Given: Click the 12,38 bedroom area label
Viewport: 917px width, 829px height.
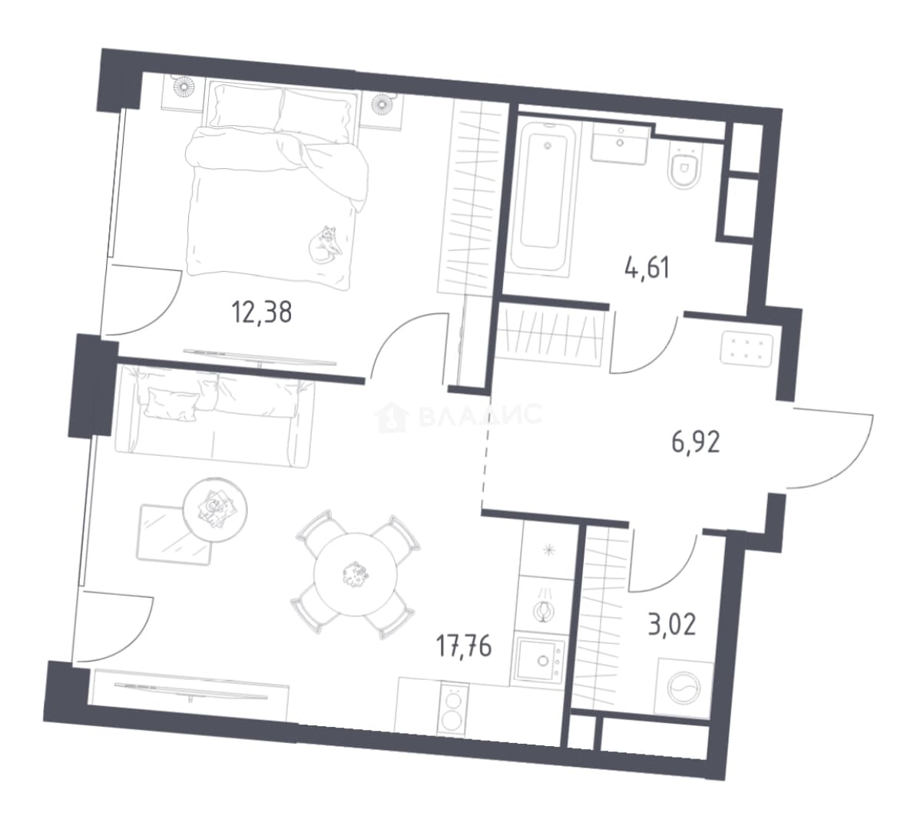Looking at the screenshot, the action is (x=262, y=312).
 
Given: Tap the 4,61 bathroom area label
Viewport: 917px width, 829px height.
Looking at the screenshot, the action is (x=647, y=269).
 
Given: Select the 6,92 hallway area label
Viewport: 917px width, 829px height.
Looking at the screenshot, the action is (x=695, y=442).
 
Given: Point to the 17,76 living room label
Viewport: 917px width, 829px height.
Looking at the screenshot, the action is (x=464, y=646).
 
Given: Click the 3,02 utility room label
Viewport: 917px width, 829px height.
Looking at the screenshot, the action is (x=672, y=624).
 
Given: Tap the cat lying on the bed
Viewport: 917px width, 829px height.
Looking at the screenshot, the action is (x=325, y=244).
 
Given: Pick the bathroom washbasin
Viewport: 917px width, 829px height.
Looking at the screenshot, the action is (x=619, y=144).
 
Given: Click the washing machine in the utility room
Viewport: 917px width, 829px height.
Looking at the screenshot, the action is (x=684, y=688).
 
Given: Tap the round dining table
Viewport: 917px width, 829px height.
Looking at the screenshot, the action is (x=356, y=574).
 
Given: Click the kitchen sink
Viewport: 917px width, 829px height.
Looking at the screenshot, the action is (x=541, y=659).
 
